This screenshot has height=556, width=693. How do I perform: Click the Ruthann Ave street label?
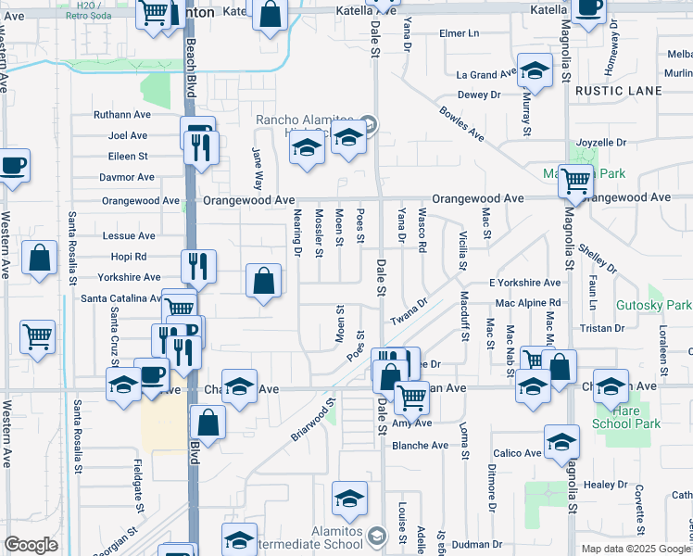[x=121, y=115]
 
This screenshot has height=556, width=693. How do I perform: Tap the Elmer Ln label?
[x=460, y=33]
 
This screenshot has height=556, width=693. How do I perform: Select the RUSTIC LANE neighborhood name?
[x=618, y=91]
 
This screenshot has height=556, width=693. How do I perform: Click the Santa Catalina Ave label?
[x=121, y=298]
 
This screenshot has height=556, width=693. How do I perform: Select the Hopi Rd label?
[x=128, y=257]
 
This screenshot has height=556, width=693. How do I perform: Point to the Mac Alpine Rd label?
[x=528, y=303]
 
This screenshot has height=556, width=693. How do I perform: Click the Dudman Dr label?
[x=477, y=544]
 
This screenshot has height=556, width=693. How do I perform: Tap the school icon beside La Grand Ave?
[x=534, y=69]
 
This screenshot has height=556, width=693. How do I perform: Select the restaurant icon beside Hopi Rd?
[x=198, y=266]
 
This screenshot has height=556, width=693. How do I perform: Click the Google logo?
[x=31, y=545]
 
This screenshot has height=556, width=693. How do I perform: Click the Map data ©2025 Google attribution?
[x=636, y=548]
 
